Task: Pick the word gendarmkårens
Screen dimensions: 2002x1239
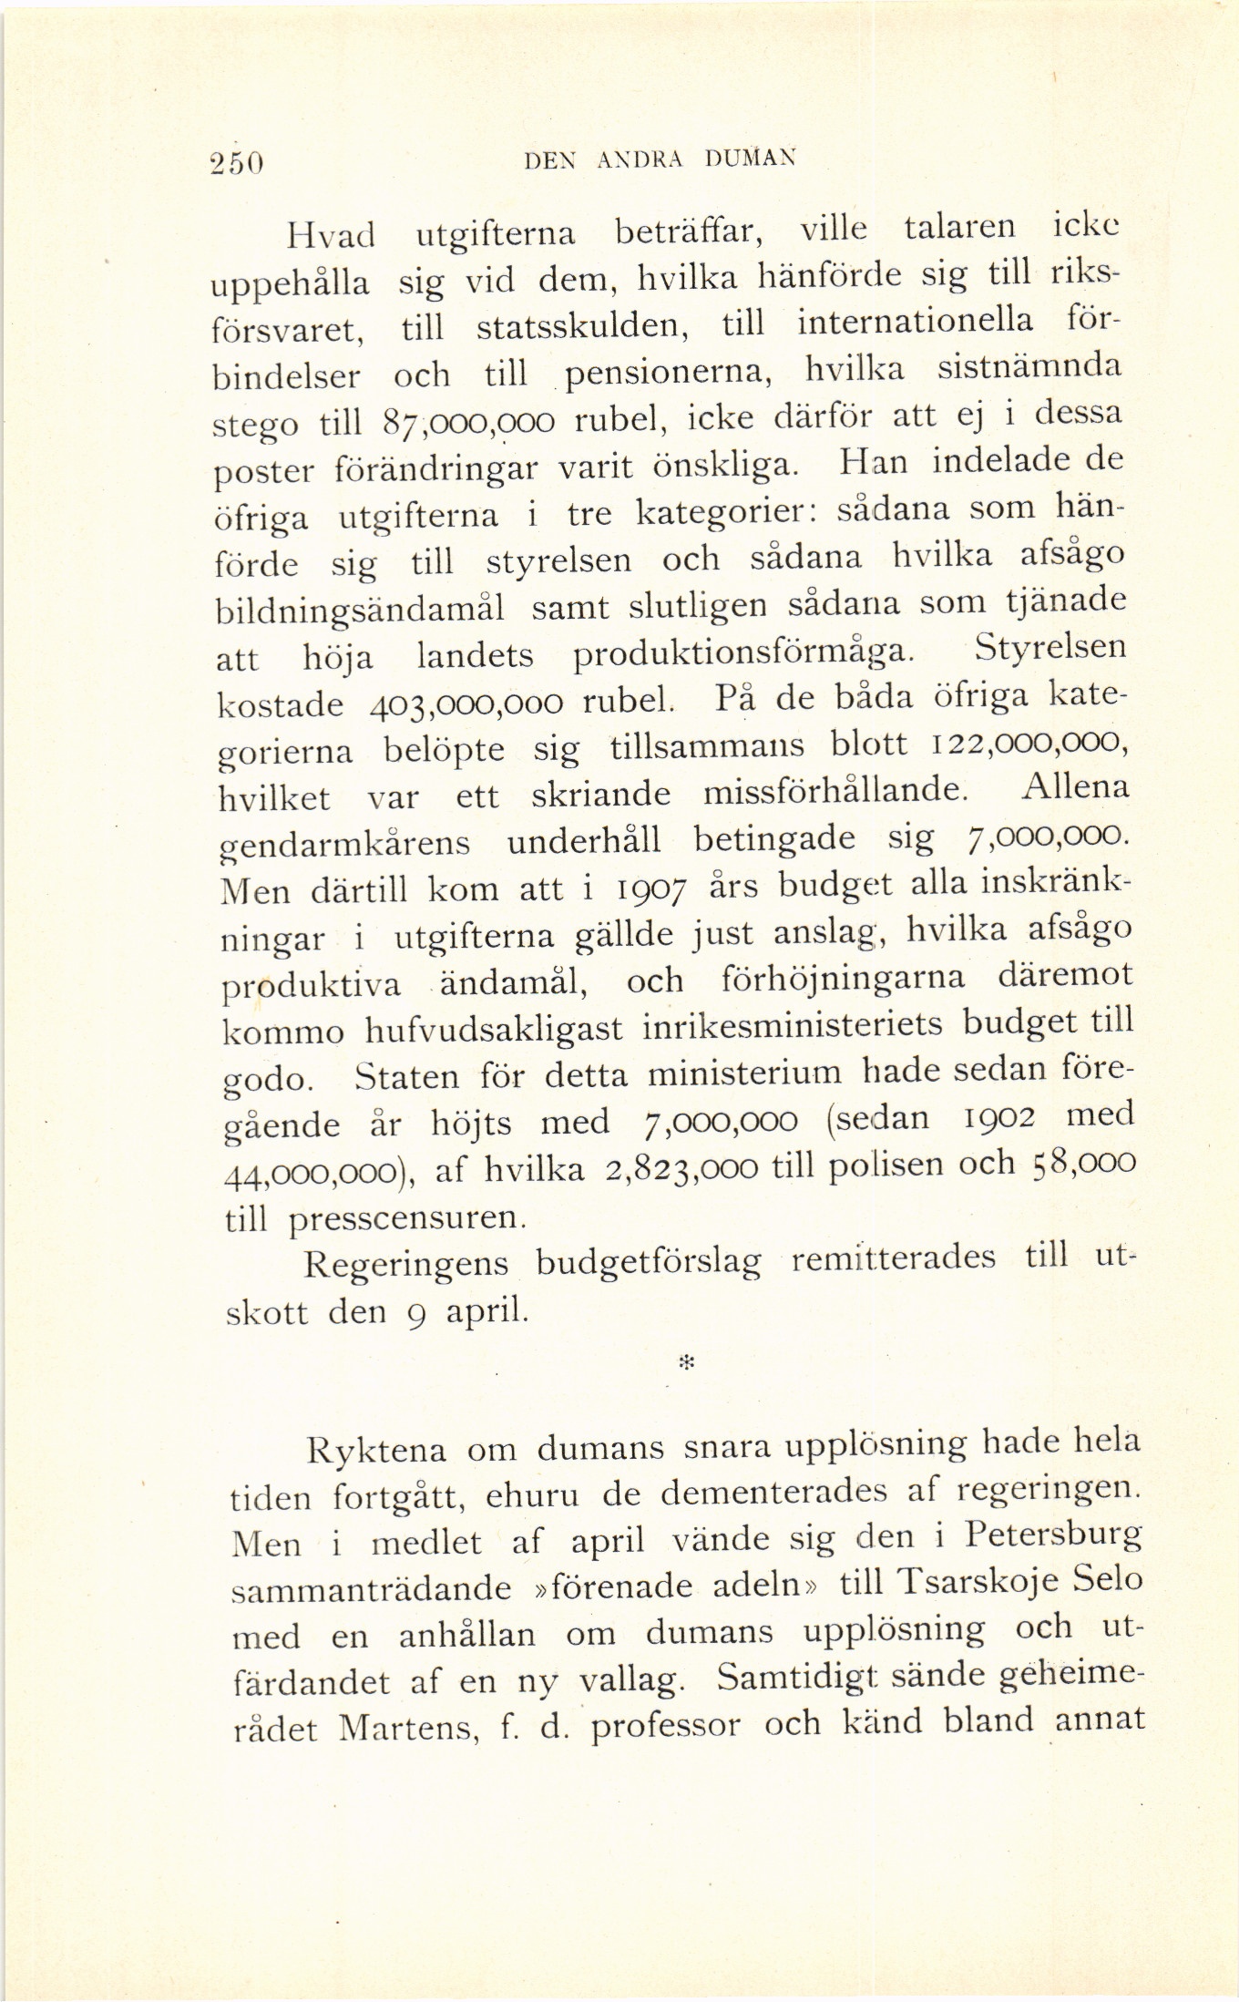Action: coord(346,843)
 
